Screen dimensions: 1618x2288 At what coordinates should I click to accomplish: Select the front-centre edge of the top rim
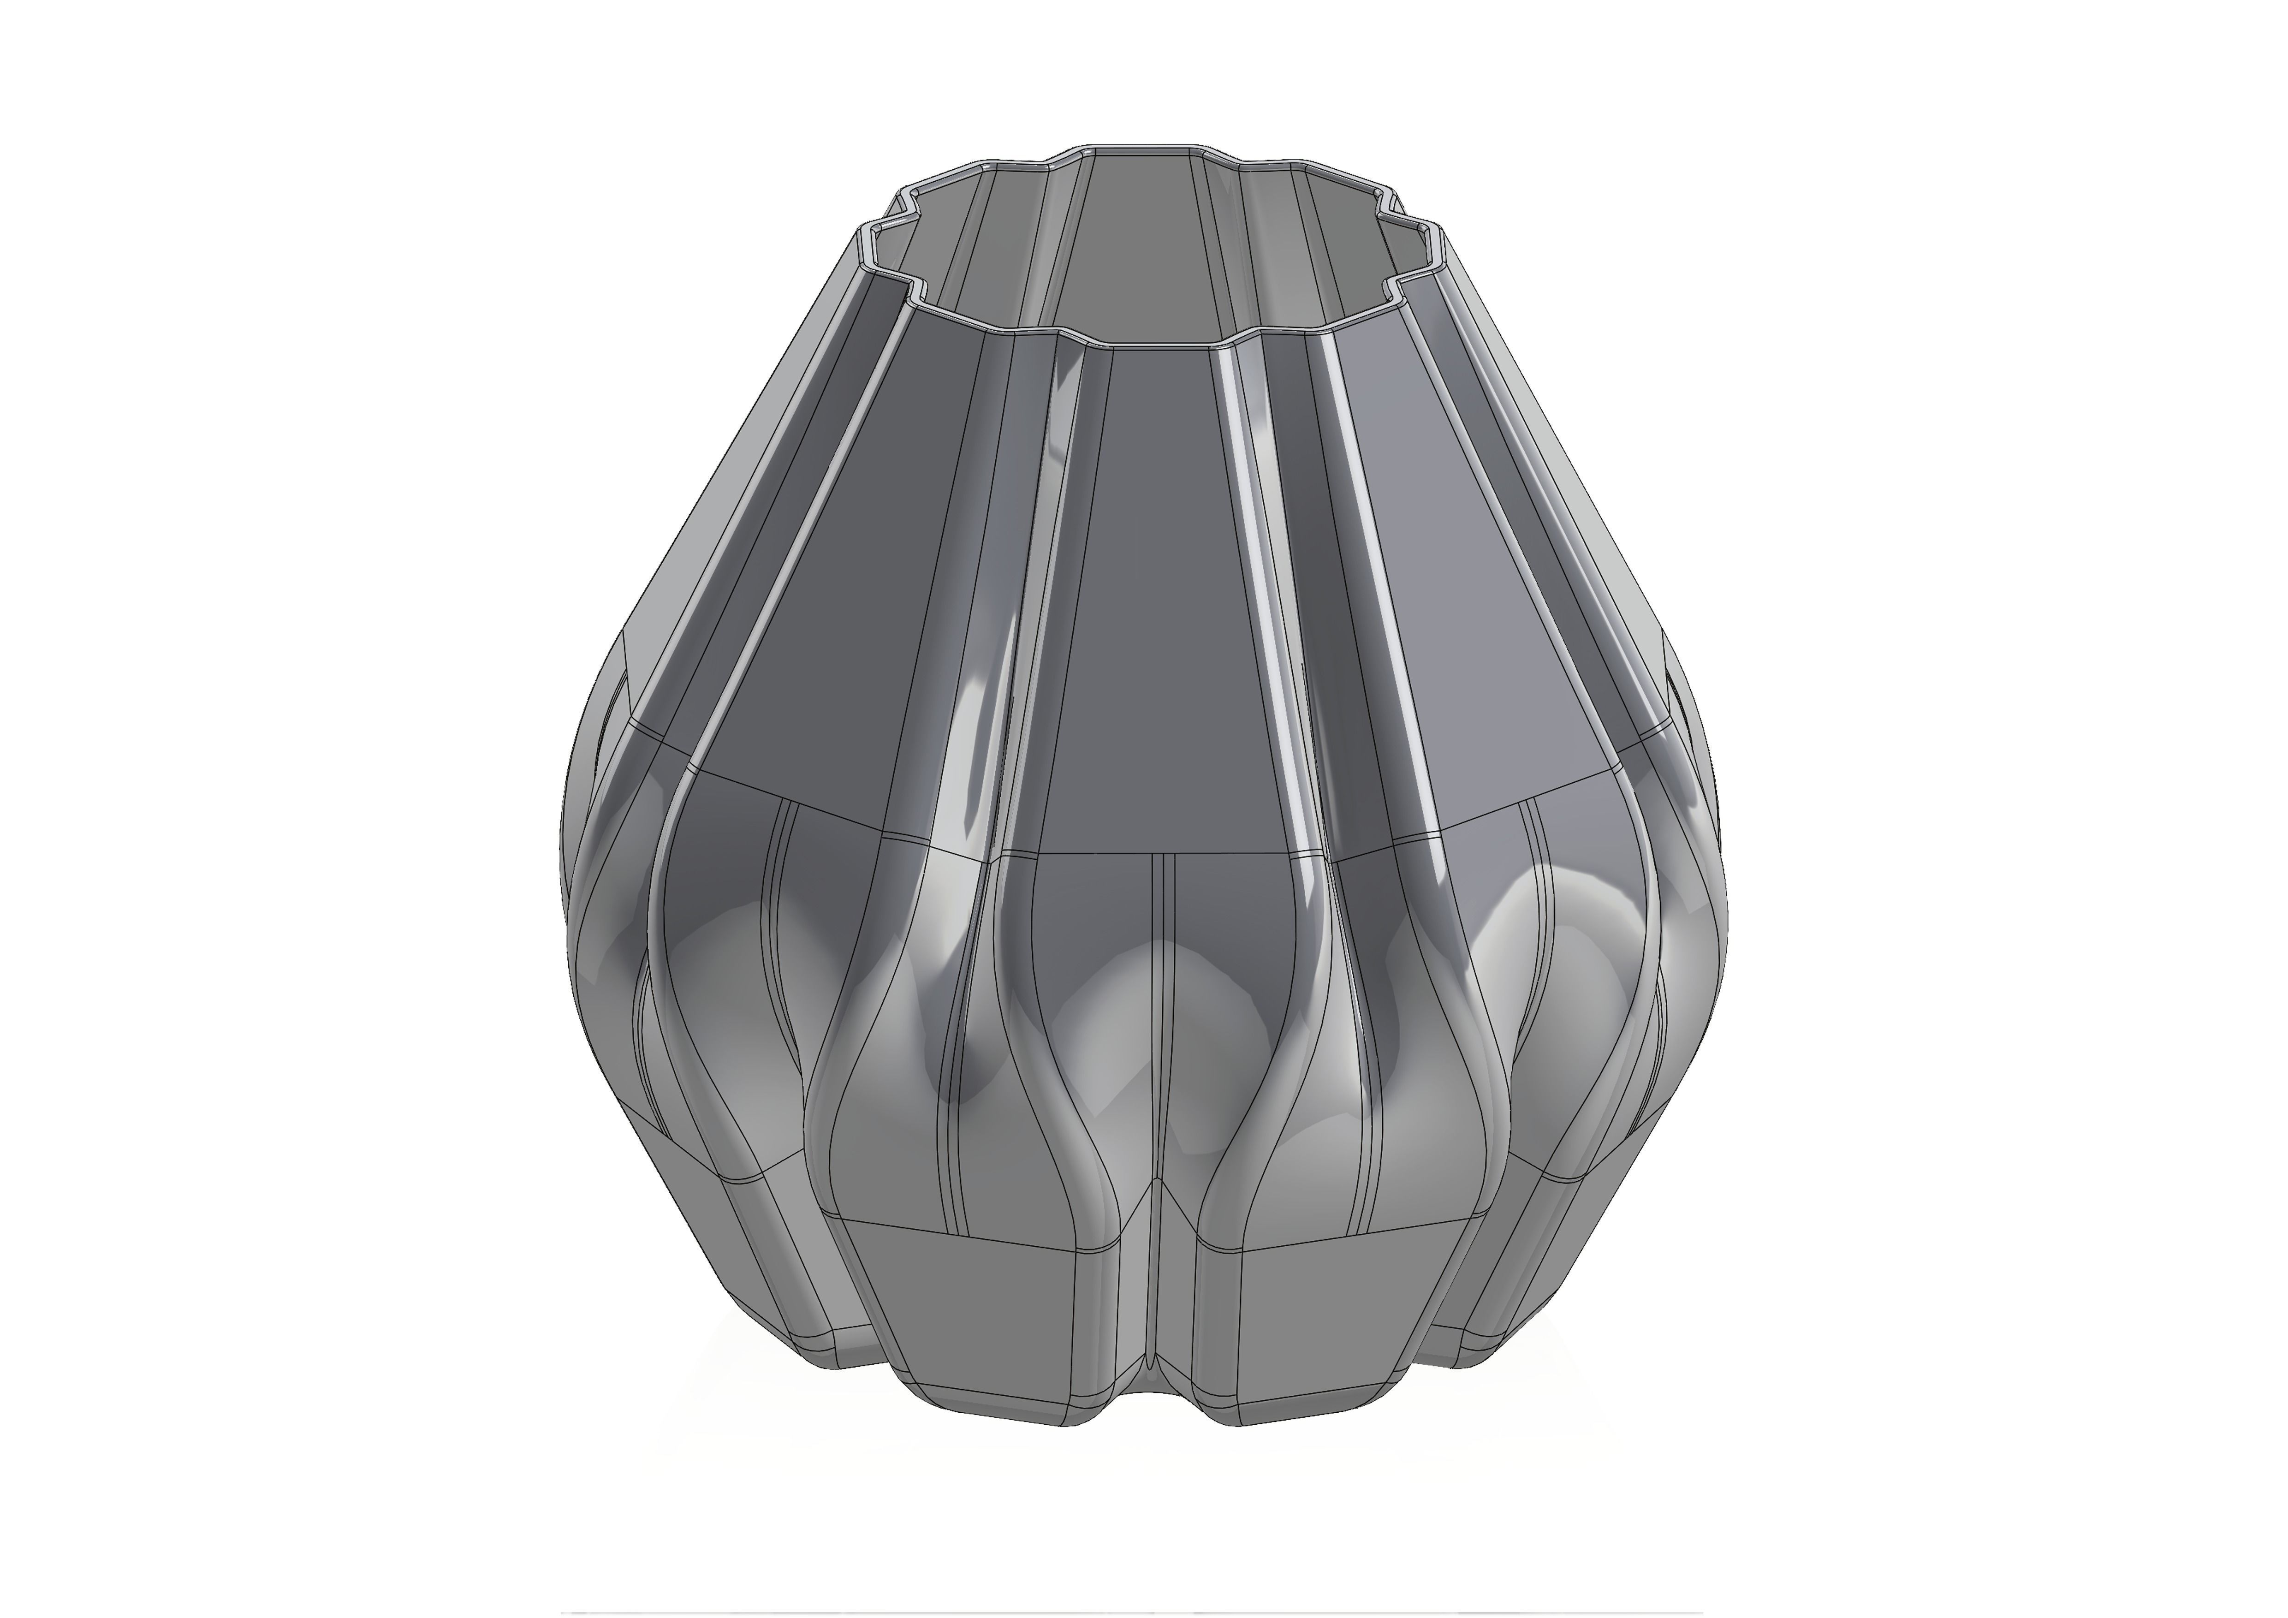(1161, 344)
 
